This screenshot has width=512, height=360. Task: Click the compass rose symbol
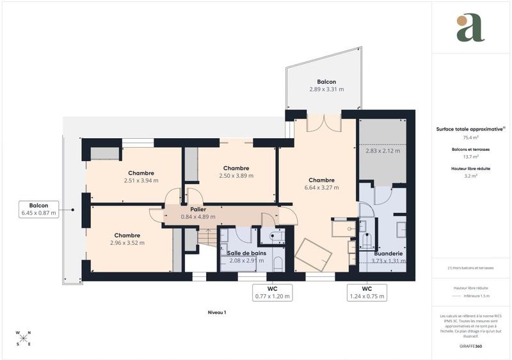[24, 338]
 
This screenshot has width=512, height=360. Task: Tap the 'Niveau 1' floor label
[217, 312]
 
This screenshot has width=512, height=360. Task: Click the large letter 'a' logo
[470, 27]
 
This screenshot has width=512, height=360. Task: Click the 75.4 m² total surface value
[470, 137]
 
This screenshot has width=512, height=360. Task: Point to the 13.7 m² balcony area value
[470, 157]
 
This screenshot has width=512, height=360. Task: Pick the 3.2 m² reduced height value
[470, 176]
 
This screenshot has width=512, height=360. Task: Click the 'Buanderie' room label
[389, 253]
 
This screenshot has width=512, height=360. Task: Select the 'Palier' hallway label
[197, 208]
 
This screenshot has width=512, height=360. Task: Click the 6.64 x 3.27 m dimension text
[321, 188]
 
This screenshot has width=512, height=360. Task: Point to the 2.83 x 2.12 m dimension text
[382, 151]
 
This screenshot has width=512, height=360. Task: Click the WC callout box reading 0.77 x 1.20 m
[272, 292]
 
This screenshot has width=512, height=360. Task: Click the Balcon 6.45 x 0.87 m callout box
[40, 209]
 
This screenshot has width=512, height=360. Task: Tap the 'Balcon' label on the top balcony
[326, 82]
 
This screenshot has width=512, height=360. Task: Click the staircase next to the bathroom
[207, 239]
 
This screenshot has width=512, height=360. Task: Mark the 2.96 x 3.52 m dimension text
[127, 243]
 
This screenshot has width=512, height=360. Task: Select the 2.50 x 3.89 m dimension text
[236, 176]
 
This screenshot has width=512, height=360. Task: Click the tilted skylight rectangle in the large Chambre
[313, 255]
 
